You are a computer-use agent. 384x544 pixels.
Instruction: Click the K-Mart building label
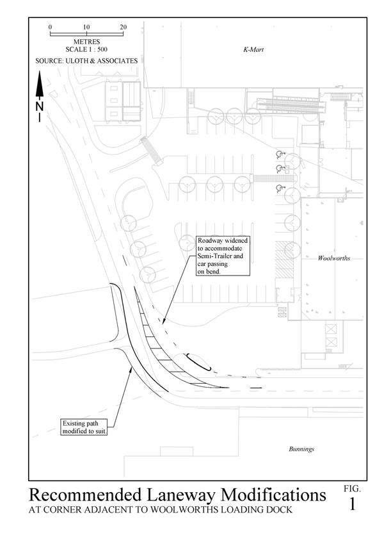253,49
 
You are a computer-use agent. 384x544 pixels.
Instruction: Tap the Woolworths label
333,258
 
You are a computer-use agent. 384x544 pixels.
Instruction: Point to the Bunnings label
301,449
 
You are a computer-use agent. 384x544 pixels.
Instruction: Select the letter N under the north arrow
40,106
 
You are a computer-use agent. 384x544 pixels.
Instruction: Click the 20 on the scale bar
123,27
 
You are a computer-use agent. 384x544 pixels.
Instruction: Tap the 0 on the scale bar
51,27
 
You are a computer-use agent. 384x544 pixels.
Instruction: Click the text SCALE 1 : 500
86,49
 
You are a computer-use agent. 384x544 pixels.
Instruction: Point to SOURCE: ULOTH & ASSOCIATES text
86,61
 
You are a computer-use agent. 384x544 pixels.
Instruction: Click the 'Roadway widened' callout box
223,256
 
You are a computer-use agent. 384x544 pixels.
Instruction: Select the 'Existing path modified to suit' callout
84,427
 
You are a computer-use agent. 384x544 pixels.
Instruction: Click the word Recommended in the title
85,495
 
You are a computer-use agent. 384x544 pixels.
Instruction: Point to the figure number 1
352,504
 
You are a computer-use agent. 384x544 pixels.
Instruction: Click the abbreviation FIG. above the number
352,489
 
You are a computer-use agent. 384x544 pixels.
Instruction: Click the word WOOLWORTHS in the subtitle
188,509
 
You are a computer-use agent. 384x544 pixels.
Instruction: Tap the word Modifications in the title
273,495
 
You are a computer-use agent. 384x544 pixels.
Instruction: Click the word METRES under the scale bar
86,42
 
